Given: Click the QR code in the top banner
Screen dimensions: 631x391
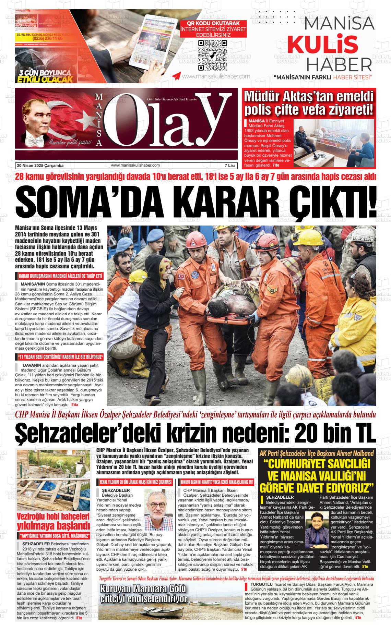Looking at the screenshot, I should pos(212,54).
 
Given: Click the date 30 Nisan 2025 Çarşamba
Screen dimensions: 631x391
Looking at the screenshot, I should pos(40,166).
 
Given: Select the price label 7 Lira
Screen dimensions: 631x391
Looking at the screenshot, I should pos(230,166).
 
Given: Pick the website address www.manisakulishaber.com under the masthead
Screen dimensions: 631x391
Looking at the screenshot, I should pos(135,166).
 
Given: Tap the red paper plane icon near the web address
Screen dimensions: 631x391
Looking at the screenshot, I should pos(176,76).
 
